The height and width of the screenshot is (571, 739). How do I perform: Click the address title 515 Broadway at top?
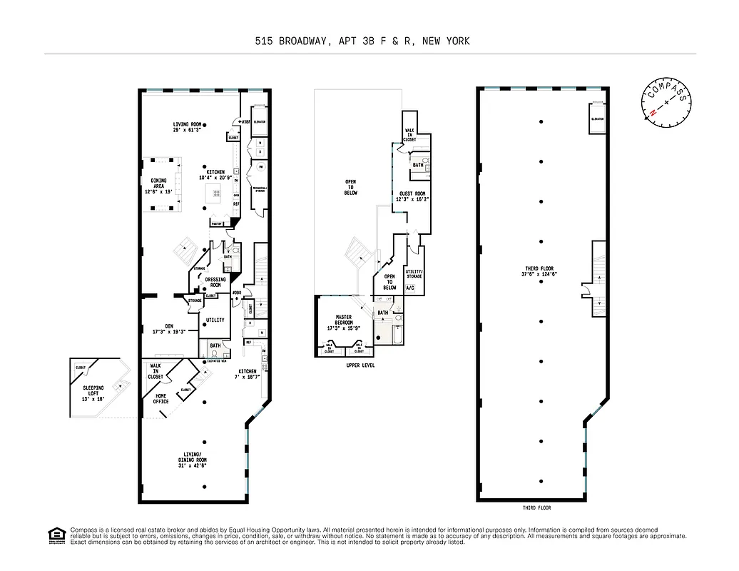tap(362, 41)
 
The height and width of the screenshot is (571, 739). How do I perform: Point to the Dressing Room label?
tap(215, 282)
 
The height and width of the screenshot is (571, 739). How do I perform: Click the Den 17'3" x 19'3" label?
tap(164, 329)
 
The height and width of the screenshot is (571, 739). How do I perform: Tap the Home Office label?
tap(160, 398)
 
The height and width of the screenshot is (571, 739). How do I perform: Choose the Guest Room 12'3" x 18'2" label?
tap(412, 197)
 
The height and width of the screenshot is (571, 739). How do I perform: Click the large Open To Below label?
tap(350, 187)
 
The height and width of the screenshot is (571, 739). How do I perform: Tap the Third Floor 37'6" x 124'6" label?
tap(540, 271)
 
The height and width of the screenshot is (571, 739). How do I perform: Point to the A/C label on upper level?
tap(410, 288)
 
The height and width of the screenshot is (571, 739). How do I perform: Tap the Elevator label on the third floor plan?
tap(596, 118)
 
